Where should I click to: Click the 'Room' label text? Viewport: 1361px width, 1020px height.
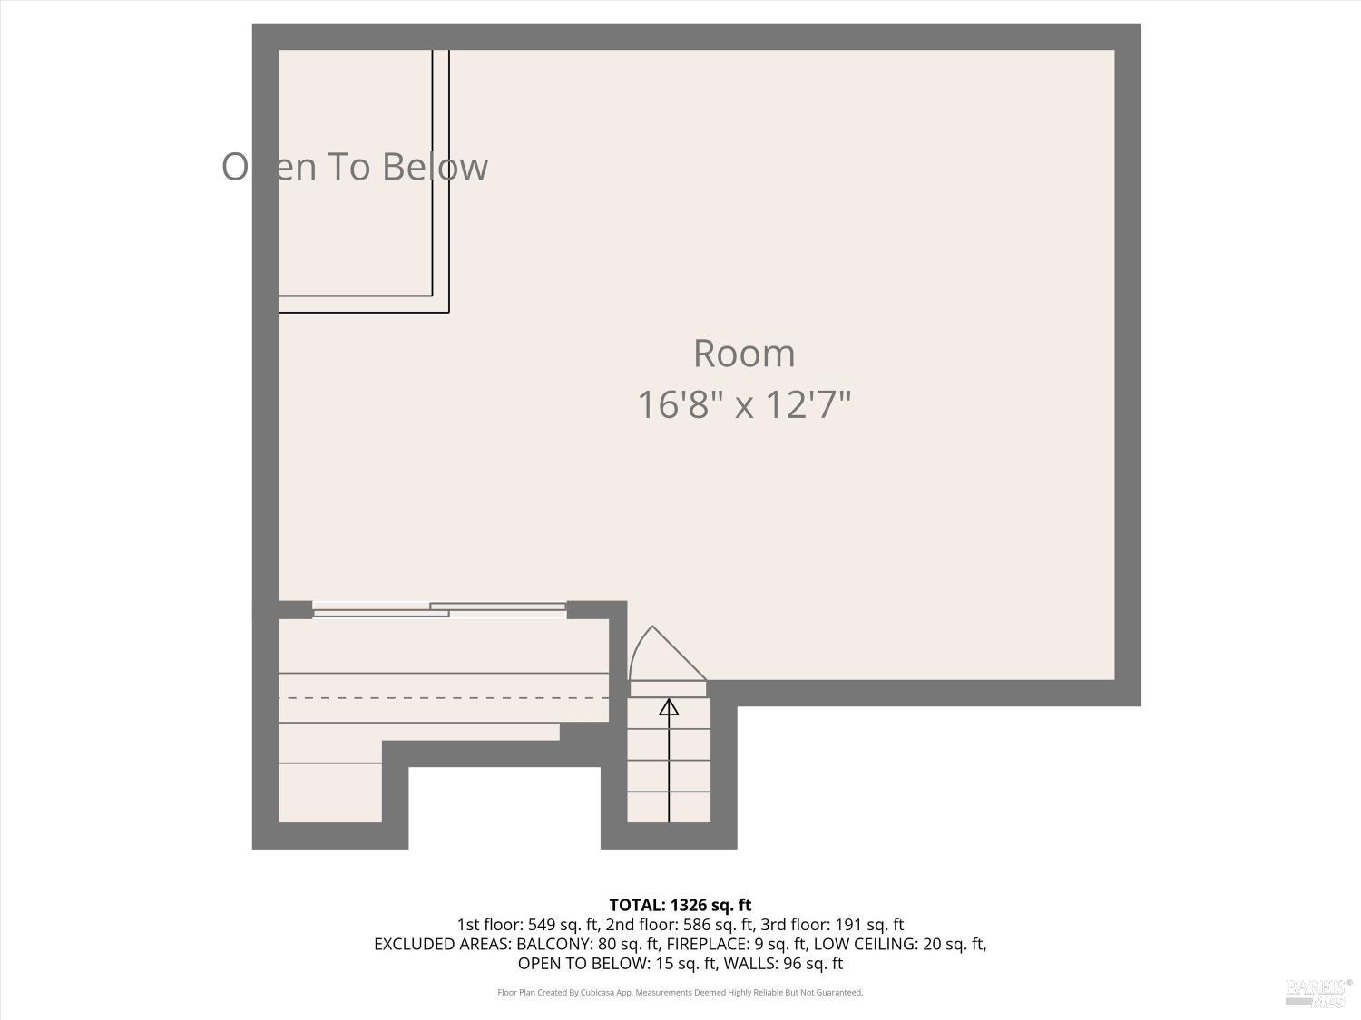click(744, 354)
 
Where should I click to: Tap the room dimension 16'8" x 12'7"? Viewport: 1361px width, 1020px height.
click(744, 404)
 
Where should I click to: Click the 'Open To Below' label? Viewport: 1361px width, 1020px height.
click(355, 167)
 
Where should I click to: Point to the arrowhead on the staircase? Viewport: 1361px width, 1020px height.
click(669, 706)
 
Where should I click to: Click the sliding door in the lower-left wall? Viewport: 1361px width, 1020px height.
click(439, 610)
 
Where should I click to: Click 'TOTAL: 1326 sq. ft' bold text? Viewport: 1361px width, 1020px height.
click(680, 905)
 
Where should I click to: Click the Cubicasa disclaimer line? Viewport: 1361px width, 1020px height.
click(680, 993)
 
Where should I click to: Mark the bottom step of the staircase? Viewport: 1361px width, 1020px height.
click(669, 807)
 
